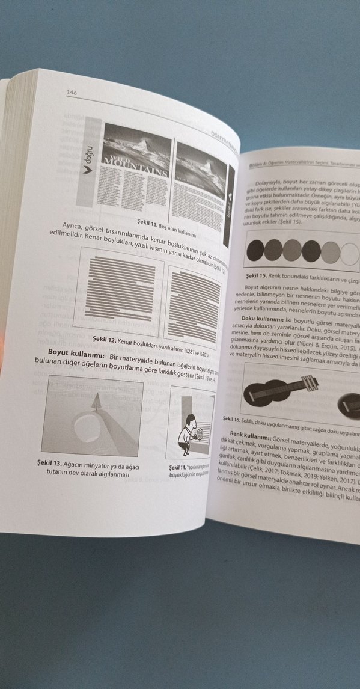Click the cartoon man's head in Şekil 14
pyautogui.click(x=190, y=420)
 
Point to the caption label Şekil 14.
pyautogui.click(x=178, y=467)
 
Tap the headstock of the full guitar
pyautogui.click(x=311, y=381)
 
